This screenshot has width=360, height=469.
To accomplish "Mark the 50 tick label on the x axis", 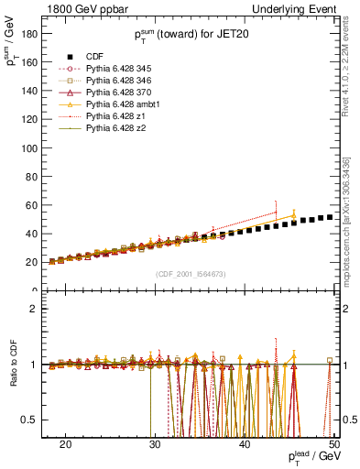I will coord(334,443).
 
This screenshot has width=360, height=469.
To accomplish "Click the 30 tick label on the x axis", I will coord(155,443).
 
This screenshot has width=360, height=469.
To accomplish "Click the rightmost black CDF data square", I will coord(330,217).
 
